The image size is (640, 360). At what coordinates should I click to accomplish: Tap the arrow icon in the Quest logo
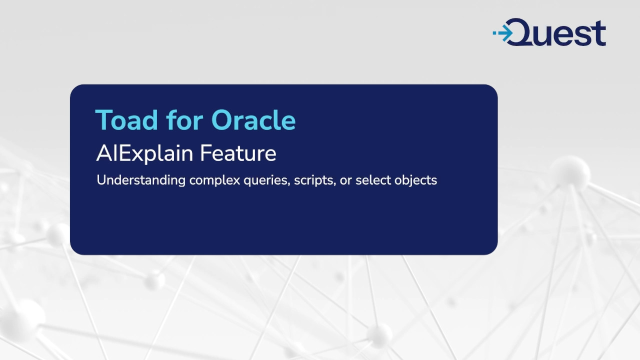click(x=504, y=34)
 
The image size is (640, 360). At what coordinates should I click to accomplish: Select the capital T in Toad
click(x=103, y=120)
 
